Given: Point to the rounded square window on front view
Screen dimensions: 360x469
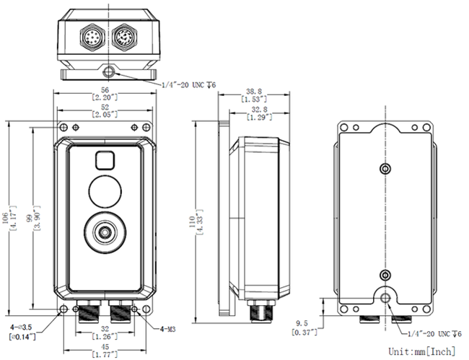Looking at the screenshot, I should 106,160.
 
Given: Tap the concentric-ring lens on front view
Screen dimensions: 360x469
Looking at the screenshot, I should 106,232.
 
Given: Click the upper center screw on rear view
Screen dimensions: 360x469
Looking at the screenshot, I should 385,169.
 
